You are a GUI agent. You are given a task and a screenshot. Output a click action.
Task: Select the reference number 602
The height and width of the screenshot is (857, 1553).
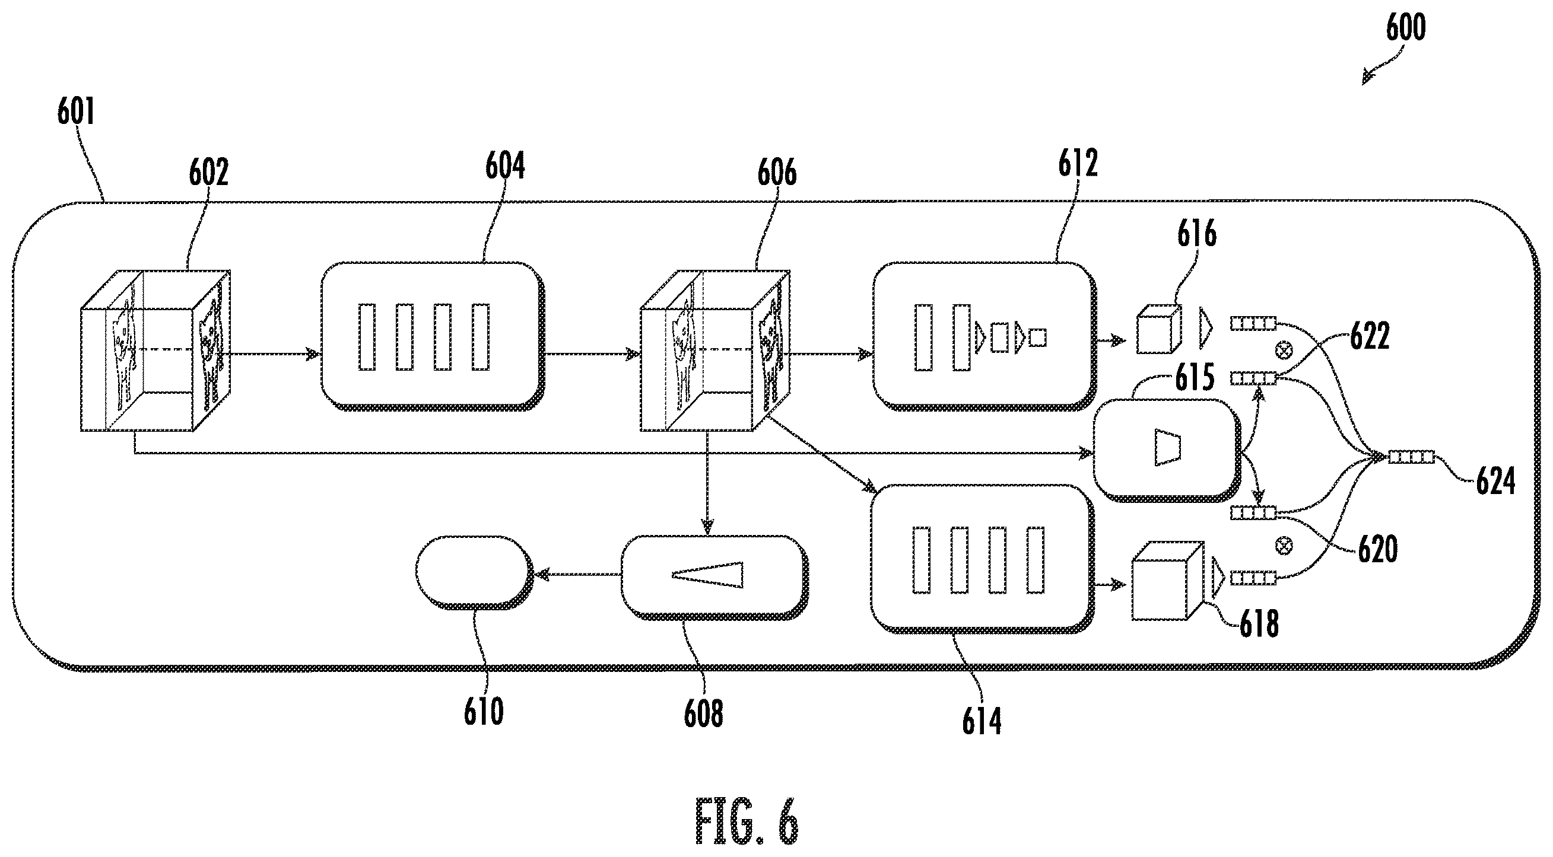[209, 172]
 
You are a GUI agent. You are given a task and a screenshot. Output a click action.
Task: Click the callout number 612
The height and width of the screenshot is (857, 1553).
[1078, 163]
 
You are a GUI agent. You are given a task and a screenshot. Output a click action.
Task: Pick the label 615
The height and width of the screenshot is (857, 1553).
[1195, 378]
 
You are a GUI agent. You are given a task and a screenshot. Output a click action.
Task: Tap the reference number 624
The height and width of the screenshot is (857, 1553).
[1495, 482]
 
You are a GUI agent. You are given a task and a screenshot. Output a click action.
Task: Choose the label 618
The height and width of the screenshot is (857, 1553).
[1259, 623]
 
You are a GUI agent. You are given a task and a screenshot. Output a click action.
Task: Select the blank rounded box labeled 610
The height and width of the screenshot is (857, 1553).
[473, 572]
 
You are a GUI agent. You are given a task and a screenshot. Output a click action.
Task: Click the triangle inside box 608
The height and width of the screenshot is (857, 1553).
[708, 575]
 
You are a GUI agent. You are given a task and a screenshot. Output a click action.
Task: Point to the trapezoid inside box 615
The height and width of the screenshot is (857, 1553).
[1167, 447]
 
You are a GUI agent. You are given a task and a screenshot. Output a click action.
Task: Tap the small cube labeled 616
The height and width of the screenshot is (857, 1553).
[1158, 330]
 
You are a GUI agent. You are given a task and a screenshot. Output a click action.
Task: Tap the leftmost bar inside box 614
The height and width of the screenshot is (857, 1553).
[921, 560]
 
